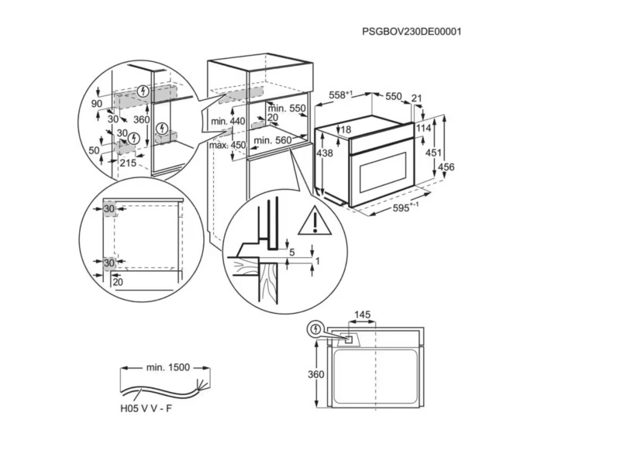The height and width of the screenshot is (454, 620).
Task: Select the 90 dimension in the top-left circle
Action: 97,104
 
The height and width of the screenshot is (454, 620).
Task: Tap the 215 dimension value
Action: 129,163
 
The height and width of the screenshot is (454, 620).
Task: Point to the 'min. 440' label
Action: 228,122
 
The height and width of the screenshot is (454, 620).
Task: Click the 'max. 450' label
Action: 227,145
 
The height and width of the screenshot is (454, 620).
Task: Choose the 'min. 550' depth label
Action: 288,108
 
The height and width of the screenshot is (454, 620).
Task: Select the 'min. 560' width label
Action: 273,140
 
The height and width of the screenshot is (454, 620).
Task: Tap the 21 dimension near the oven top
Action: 418,98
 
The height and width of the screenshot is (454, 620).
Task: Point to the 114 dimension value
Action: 423,128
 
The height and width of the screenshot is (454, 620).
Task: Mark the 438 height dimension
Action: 325,154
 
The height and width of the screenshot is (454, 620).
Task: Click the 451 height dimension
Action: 434,153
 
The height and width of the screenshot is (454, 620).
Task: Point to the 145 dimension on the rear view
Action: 363,315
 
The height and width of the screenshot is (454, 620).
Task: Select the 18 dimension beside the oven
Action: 346,129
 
